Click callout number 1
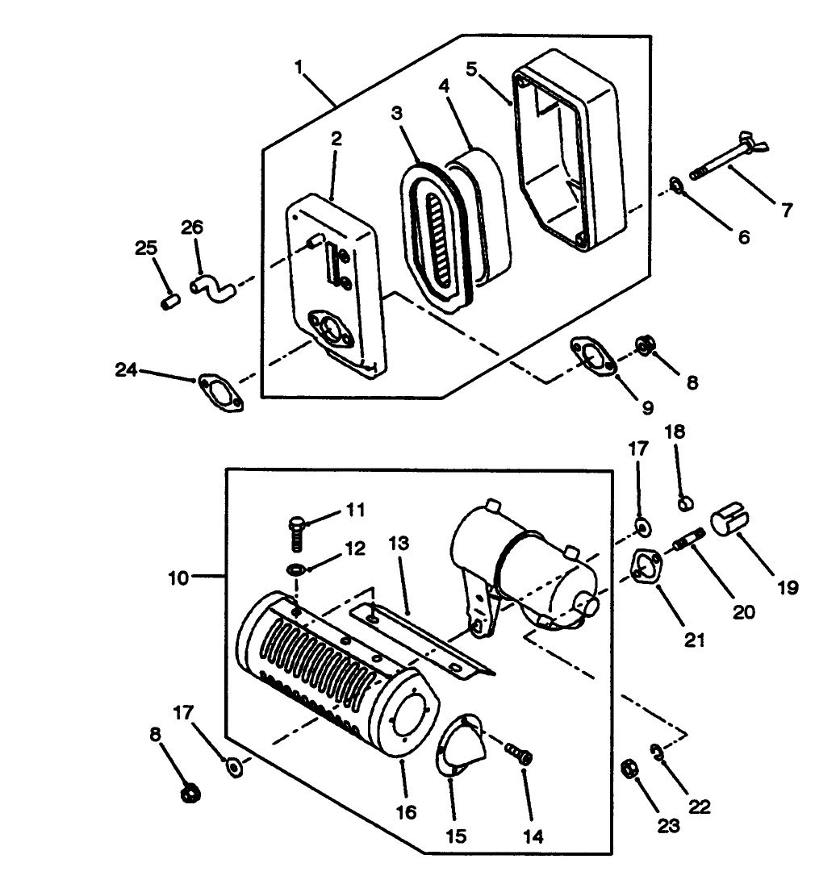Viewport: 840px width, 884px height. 299,66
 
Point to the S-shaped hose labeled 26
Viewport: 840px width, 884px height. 212,286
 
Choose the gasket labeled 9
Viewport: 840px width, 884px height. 595,357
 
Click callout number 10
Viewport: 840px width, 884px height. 178,578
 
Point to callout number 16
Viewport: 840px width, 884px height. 407,811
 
